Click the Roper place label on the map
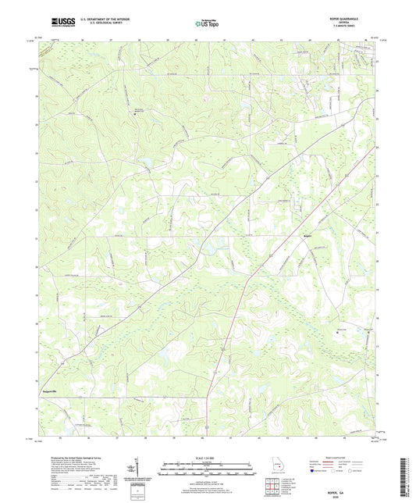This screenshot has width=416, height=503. pos(307,234)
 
